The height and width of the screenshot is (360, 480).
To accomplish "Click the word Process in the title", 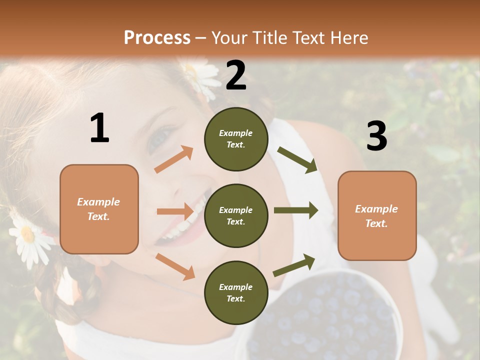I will pos(157,37).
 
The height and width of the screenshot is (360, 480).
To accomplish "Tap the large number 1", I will pos(99,128).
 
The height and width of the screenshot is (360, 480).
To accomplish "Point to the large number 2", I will pos(236,75).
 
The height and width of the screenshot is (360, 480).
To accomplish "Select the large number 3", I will pos(376,136).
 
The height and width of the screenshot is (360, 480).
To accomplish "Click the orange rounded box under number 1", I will pos(99,209).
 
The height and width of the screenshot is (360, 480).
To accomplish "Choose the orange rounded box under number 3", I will pos(377,215).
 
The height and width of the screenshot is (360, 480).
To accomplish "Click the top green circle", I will pos(236,139).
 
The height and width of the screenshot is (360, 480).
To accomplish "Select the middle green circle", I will pos(236,215).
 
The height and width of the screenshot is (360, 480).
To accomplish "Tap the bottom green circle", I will pos(236,292).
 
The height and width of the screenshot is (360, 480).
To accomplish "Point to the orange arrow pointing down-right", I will pos(175,266).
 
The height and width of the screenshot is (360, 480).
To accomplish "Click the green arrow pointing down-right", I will pos(297,160).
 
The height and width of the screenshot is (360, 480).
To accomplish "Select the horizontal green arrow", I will pos(295,210).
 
